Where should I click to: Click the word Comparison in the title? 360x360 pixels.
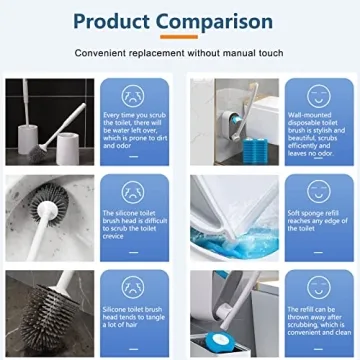(221, 22)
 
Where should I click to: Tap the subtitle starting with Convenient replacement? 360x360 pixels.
(180, 53)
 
